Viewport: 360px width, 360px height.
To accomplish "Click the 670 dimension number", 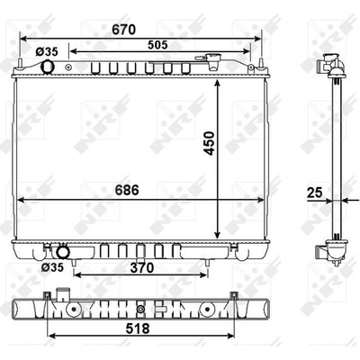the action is pos(124,30).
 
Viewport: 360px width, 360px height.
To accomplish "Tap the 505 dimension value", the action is pos(157,45).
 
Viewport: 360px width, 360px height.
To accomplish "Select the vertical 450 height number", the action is pos(210,143).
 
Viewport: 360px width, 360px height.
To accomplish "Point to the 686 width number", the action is pos(127,190).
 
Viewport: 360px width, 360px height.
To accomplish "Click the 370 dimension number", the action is pos(142,267).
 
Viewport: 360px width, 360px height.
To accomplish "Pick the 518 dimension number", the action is pos(138,328).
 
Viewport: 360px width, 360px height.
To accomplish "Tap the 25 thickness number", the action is pos(314,193).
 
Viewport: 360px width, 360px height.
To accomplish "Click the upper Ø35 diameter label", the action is pos(47,52).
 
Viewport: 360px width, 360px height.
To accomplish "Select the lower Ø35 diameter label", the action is pos(52,266).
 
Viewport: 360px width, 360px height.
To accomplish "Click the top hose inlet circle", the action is pos(48,67).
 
